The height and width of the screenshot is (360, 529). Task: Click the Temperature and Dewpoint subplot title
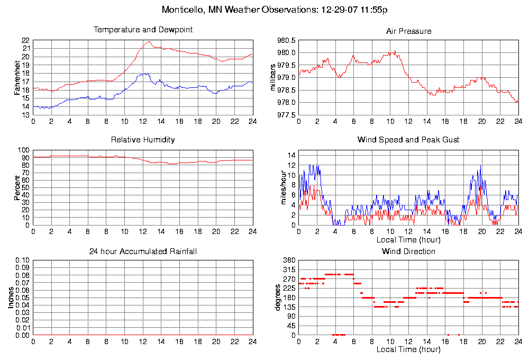[x=143, y=30]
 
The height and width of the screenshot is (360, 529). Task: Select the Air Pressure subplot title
[x=408, y=31]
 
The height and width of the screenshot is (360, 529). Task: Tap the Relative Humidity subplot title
[x=143, y=140]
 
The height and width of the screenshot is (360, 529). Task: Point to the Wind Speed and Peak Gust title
[x=408, y=140]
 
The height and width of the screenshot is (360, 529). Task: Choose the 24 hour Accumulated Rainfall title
[x=143, y=251]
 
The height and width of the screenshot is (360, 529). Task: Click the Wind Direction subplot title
[x=408, y=251]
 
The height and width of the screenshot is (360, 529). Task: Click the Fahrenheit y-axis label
[x=17, y=77]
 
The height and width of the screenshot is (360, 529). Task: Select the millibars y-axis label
[x=273, y=77]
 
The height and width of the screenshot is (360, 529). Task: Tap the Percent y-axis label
[x=17, y=187]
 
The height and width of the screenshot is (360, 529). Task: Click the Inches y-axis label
[x=11, y=298]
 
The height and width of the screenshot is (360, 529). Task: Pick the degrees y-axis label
[x=277, y=298]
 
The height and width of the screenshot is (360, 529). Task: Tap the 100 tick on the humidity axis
[x=24, y=150]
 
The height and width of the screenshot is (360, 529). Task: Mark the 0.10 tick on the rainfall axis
[x=22, y=260]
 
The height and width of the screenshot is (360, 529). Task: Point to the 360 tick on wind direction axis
[x=288, y=260]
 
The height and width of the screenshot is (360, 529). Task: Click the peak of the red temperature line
[x=149, y=41]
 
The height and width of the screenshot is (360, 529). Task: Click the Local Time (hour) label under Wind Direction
[x=408, y=349]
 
